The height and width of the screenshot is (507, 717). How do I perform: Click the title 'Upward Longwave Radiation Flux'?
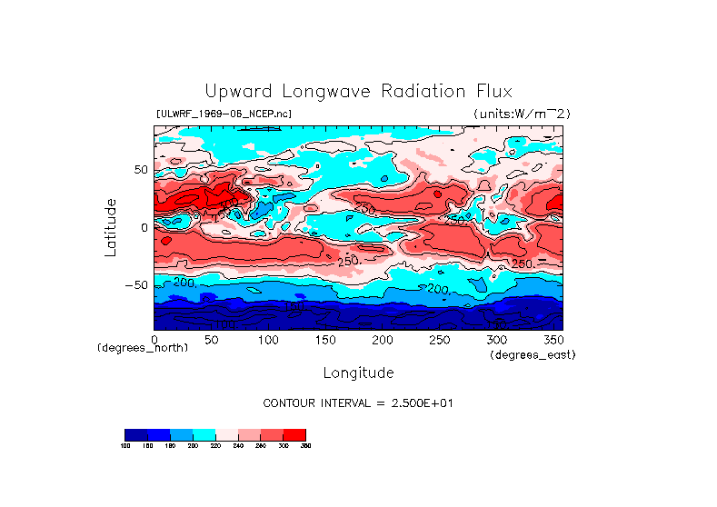pyautogui.click(x=358, y=92)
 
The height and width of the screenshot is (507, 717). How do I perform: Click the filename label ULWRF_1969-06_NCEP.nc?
pyautogui.click(x=224, y=114)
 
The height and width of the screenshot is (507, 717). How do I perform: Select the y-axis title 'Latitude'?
pyautogui.click(x=110, y=227)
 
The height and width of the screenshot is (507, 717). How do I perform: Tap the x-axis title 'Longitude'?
pyautogui.click(x=358, y=373)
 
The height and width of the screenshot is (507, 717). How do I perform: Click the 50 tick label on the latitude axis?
pyautogui.click(x=140, y=170)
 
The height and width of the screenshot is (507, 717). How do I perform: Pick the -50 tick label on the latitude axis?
pyautogui.click(x=136, y=284)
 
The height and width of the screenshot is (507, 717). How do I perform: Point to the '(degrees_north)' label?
pyautogui.click(x=143, y=348)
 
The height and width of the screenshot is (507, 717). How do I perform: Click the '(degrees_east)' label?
pyautogui.click(x=533, y=354)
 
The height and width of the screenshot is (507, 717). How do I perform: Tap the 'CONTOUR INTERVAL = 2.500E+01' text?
pyautogui.click(x=357, y=403)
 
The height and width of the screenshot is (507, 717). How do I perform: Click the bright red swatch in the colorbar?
pyautogui.click(x=294, y=434)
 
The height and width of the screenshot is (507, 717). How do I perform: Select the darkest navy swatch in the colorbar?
pyautogui.click(x=135, y=434)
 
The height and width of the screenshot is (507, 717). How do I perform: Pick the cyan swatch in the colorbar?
pyautogui.click(x=204, y=434)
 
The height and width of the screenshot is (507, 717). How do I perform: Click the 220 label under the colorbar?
pyautogui.click(x=215, y=446)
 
